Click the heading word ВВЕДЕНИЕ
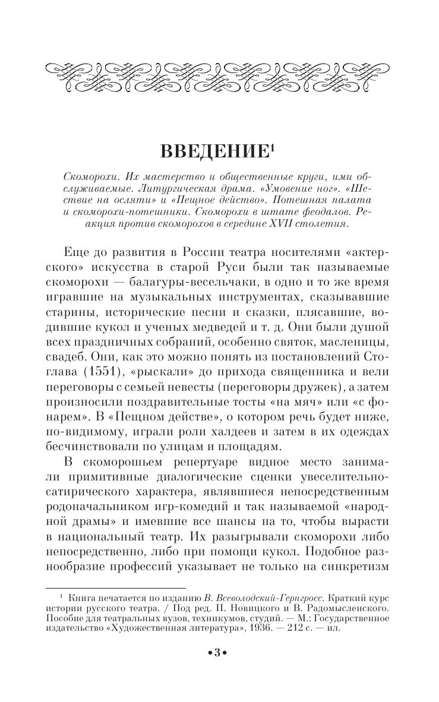214,152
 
